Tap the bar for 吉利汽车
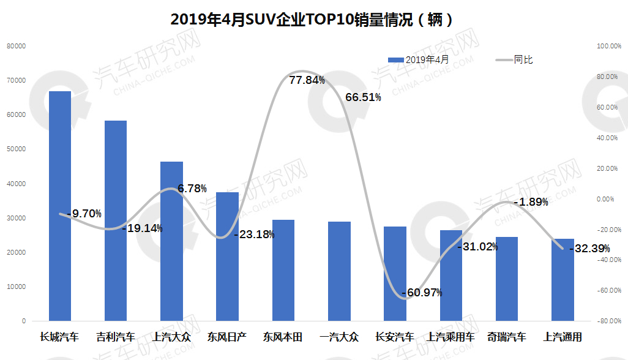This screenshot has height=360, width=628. (115, 220)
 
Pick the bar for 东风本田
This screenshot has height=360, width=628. (283, 270)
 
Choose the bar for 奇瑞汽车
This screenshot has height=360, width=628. (507, 279)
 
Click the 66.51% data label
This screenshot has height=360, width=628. (364, 97)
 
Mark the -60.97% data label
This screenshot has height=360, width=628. (422, 293)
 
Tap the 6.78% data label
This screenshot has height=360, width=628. (192, 189)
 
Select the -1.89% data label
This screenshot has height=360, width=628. (530, 202)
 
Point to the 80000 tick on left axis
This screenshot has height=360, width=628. (17, 46)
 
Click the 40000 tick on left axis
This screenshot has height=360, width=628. (17, 184)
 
